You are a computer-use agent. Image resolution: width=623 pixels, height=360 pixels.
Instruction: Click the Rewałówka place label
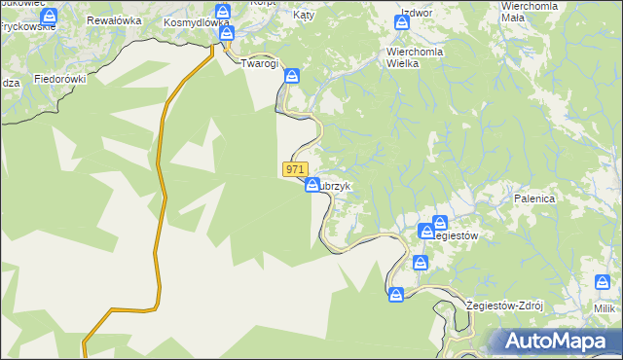pos(116,19)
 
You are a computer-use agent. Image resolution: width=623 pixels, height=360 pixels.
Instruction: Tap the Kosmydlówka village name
pos(196,21)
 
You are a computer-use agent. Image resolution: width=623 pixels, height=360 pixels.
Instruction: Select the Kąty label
pos(304,16)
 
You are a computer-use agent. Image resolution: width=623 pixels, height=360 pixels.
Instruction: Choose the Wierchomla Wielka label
pos(416,57)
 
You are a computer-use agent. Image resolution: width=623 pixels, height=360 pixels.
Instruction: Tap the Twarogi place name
pos(260,63)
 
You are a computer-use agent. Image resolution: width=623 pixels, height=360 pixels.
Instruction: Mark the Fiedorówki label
pos(60,78)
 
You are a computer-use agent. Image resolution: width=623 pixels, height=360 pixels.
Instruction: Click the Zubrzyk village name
pos(344,186)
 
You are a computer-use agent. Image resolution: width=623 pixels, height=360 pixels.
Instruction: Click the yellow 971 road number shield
pos(296,169)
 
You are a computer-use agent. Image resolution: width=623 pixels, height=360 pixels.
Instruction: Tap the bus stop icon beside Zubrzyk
pos(312,185)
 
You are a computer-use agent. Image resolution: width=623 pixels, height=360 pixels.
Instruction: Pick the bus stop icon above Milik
pos(603,282)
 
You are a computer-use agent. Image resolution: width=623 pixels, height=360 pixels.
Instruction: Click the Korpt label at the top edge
pos(263,4)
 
